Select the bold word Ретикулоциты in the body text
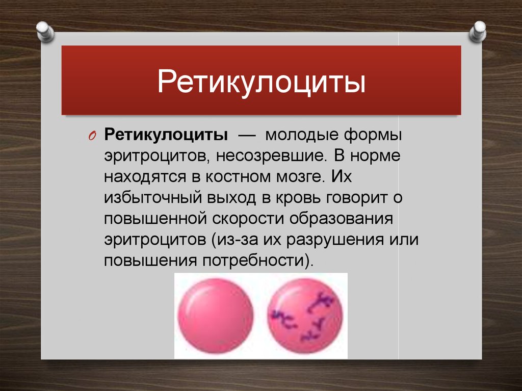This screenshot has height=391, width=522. [x=166, y=136]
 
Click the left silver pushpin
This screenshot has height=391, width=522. [x=45, y=32]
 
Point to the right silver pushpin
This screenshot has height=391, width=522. [x=477, y=32]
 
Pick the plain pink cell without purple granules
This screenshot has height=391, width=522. [x=216, y=316]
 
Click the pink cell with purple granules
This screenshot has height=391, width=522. [x=305, y=316]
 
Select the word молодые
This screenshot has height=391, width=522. [x=302, y=136]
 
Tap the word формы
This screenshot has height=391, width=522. [x=373, y=136]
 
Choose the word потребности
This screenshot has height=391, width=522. [x=254, y=260]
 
